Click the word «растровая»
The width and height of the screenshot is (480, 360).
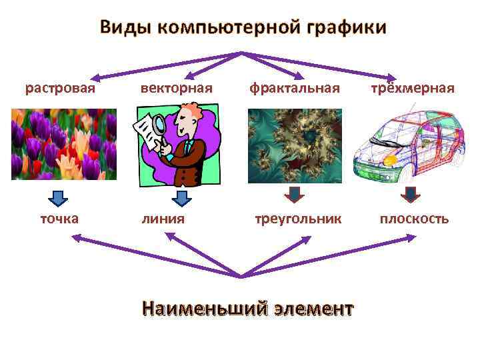point(60,88)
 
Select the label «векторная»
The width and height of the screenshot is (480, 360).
point(176,88)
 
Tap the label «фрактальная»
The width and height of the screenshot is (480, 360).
point(295,88)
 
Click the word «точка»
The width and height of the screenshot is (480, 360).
point(59,219)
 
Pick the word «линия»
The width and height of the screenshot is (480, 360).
point(163,219)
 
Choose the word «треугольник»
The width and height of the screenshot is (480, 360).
point(298,219)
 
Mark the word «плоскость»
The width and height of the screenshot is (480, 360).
point(414,219)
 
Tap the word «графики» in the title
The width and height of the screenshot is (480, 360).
point(346,27)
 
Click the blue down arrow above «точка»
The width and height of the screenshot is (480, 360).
point(59,198)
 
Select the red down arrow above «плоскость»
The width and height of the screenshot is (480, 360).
point(411,194)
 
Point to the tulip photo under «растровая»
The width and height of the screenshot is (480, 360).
point(64,144)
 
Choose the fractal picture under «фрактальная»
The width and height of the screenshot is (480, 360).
point(295,146)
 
